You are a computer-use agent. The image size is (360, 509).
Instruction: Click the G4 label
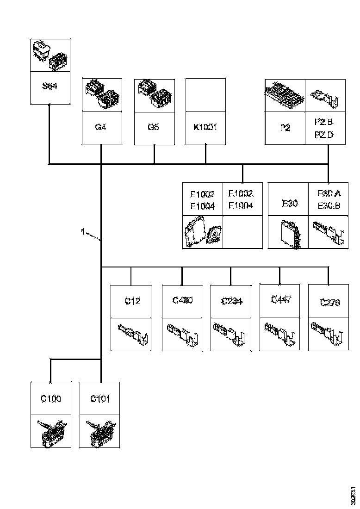click(x=101, y=126)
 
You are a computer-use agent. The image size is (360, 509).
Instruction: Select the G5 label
click(x=153, y=126)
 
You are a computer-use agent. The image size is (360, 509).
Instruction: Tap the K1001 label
click(x=205, y=126)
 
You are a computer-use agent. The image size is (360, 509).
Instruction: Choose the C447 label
click(x=281, y=300)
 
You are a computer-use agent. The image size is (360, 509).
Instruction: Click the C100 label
click(x=51, y=398)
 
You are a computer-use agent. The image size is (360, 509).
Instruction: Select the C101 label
click(x=100, y=398)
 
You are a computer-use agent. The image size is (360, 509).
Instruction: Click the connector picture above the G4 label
click(x=102, y=94)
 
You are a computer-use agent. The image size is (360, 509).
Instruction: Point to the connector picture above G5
click(x=154, y=94)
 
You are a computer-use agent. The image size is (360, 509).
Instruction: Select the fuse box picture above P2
click(x=285, y=94)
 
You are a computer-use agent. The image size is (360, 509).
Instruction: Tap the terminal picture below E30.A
click(x=329, y=232)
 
